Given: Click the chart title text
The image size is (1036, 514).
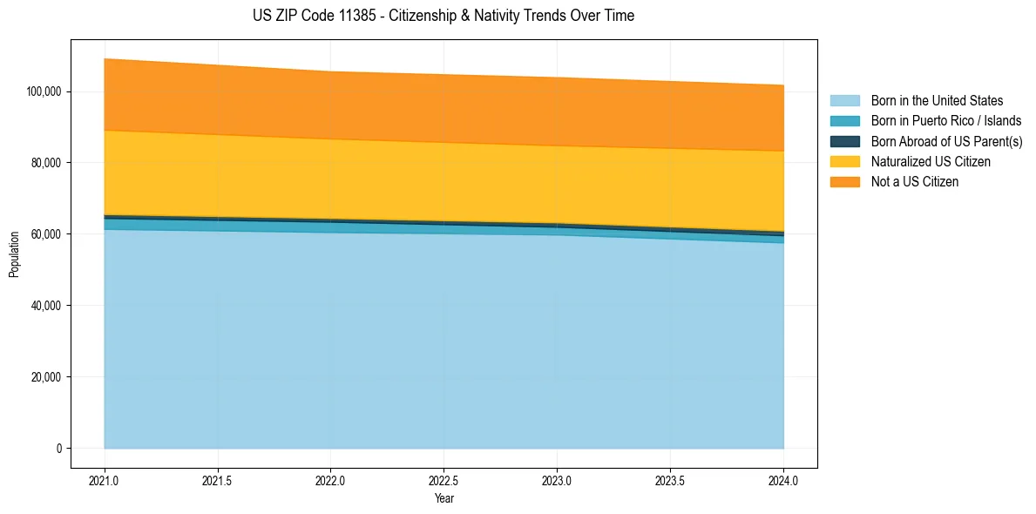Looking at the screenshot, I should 444,16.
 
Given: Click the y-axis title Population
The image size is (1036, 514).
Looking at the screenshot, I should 14,254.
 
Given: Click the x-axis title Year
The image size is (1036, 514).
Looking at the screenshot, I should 444,498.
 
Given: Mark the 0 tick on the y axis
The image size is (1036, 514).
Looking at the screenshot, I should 59,449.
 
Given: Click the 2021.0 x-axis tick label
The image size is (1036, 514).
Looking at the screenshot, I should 104,479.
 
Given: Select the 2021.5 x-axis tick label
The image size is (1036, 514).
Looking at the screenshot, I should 217,479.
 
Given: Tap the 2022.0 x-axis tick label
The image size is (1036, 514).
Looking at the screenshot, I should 330,479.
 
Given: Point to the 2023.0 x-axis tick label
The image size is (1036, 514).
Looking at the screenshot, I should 557,479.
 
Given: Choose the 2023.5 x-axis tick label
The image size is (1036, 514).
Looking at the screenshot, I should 670,479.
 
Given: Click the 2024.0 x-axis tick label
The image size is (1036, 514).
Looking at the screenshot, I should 783,479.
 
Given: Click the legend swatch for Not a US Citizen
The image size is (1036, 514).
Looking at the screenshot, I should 844,181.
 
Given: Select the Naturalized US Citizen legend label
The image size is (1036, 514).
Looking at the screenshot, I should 931,161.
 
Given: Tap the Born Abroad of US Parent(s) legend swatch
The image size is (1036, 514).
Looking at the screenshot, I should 844,141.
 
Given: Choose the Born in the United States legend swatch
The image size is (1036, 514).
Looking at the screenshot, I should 844,101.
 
